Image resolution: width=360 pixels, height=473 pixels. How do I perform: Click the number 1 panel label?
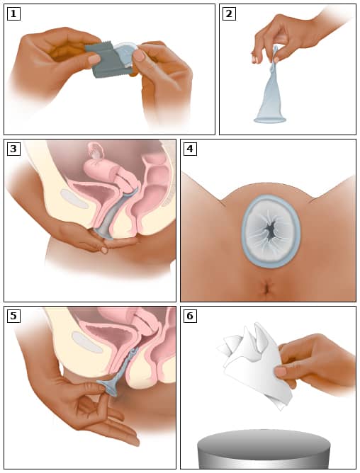tap(13, 14)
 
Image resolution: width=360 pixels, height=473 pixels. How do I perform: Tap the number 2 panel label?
tap(229, 14)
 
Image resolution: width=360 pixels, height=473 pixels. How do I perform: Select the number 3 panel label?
tap(13, 149)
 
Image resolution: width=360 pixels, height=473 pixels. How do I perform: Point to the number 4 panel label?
tap(190, 149)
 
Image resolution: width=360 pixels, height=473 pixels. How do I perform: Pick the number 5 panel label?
tap(13, 316)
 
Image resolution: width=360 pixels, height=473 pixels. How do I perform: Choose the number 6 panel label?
tap(190, 316)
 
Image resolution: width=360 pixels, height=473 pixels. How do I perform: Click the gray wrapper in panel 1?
tap(109, 61)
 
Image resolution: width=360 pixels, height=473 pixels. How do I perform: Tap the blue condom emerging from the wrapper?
tap(126, 54)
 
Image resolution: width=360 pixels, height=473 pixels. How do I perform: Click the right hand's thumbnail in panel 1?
tap(139, 55)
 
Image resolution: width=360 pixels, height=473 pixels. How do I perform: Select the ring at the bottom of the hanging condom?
tap(270, 120)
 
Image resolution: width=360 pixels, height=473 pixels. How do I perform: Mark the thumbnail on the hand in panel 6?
tap(281, 371)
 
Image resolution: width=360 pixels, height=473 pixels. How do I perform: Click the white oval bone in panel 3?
tap(74, 198)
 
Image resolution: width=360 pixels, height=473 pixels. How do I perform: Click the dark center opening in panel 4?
tap(270, 231)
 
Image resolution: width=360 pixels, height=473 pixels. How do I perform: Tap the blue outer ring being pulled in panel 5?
tap(109, 388)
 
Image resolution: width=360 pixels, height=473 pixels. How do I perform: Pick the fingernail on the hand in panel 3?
tap(104, 250)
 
